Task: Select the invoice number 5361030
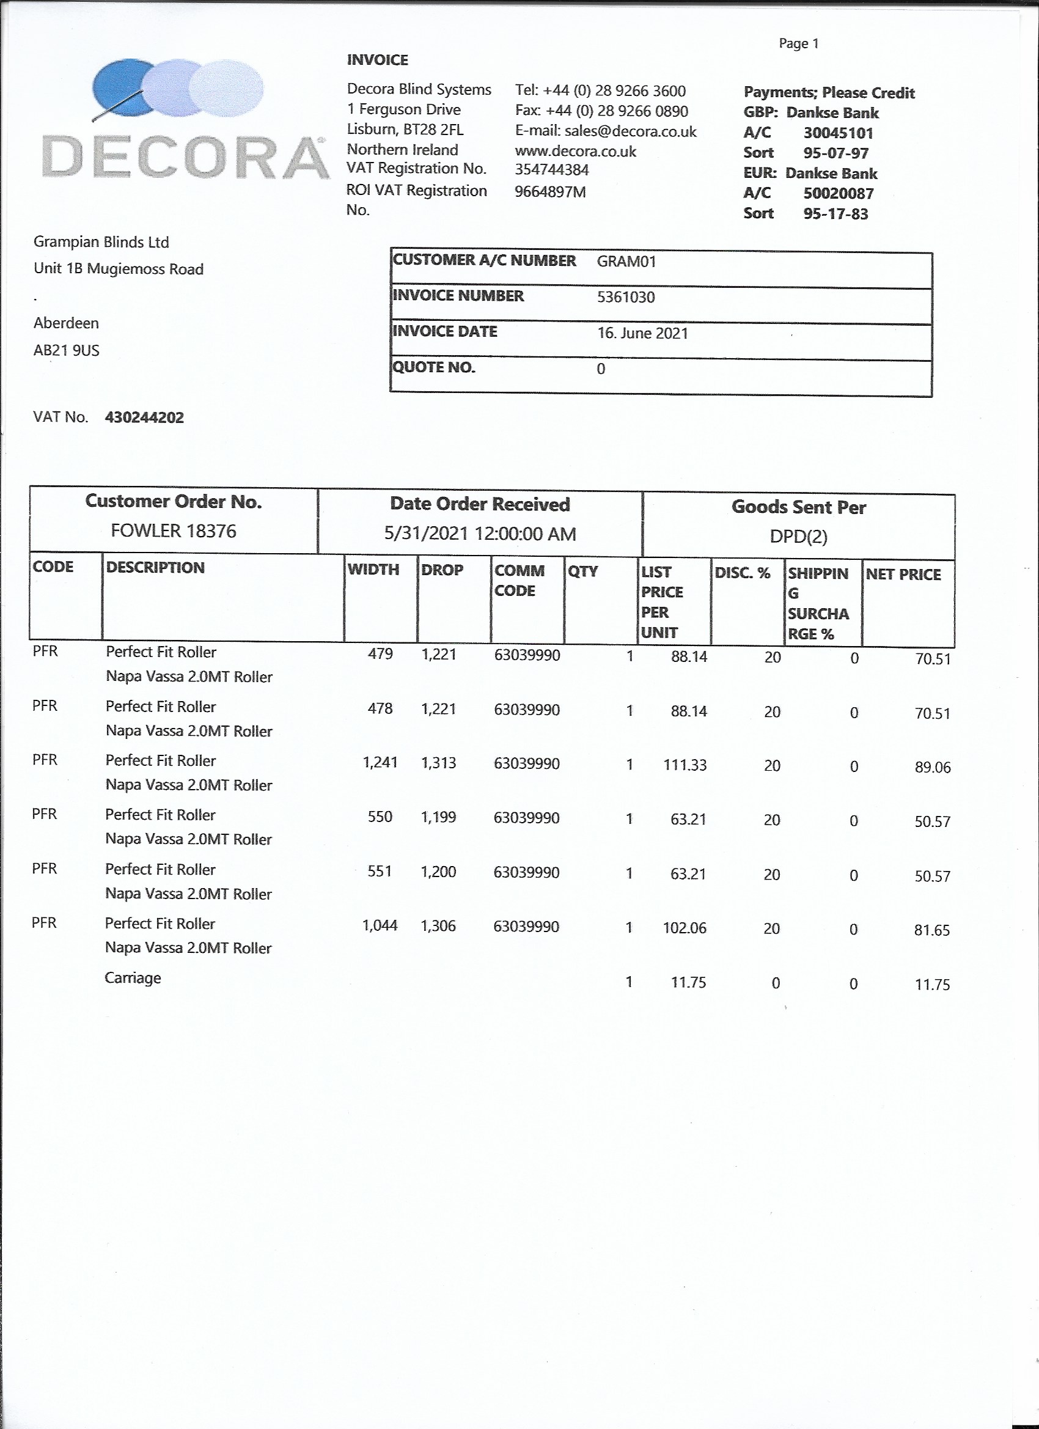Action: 626,298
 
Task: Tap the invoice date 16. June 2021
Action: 643,333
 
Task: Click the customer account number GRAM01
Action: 626,262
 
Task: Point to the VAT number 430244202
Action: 144,417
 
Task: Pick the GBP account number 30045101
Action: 838,133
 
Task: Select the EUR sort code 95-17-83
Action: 835,213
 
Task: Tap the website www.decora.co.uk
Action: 575,151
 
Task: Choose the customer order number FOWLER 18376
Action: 174,531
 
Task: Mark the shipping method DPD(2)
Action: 798,537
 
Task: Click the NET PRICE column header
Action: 903,575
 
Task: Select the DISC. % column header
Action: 742,573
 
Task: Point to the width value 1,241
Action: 380,763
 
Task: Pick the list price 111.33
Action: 685,765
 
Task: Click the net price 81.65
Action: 932,931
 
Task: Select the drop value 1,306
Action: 438,926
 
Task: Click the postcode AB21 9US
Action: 66,350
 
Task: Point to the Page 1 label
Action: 798,43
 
